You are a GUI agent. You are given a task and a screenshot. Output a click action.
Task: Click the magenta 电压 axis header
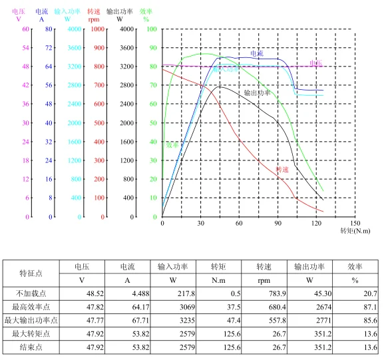[19, 11]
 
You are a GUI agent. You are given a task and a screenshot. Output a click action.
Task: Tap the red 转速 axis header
[95, 11]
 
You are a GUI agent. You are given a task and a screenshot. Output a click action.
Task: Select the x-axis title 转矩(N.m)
[355, 230]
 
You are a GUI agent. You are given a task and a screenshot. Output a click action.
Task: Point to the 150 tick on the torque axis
[355, 223]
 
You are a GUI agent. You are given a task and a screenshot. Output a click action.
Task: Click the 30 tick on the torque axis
[201, 223]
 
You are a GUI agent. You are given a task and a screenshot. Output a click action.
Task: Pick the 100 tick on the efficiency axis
[152, 30]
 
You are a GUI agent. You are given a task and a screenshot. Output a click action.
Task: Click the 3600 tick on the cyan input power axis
[75, 49]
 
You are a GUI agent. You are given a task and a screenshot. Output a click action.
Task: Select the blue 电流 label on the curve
[257, 52]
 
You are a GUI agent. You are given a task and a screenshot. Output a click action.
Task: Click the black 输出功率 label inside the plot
[257, 93]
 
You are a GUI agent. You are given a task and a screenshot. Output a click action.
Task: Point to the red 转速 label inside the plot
[282, 170]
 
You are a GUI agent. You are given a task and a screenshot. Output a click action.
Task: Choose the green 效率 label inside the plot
[172, 144]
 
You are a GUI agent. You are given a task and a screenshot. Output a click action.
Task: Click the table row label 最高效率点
[31, 307]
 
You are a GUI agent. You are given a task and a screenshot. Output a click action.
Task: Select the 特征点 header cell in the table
[31, 273]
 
